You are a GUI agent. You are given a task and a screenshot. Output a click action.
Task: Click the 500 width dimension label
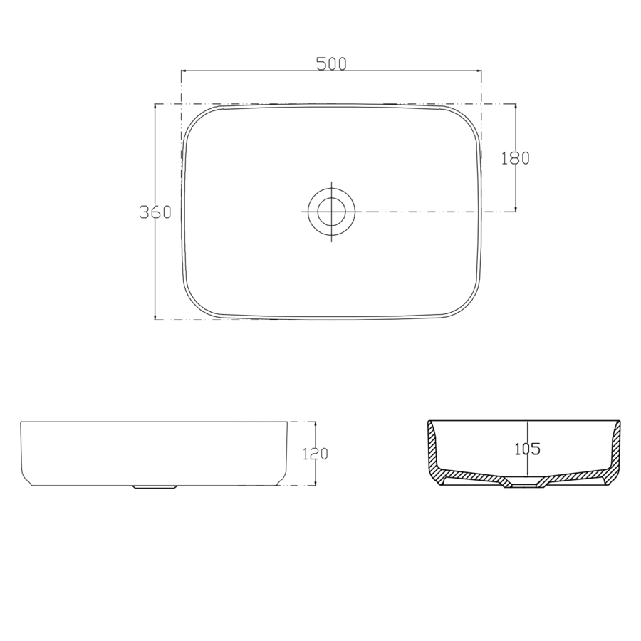point(331,63)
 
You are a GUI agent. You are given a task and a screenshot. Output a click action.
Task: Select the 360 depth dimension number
point(155,212)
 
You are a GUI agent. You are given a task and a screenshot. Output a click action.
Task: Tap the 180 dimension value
point(516,158)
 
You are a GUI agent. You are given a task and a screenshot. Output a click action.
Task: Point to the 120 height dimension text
point(315,454)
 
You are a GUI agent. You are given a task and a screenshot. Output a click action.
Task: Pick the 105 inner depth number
point(527,449)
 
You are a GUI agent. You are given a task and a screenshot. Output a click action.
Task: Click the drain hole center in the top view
point(331,212)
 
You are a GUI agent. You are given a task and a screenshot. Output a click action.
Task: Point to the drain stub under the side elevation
point(155,488)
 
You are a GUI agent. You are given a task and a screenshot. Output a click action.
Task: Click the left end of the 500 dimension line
point(182,71)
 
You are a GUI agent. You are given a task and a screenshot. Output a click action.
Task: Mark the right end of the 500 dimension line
point(481,71)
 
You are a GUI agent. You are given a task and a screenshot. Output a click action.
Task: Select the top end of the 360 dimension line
point(155,105)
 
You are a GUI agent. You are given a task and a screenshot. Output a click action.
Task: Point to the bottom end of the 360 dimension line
point(155,319)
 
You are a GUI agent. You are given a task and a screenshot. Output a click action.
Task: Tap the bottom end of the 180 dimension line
point(516,212)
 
